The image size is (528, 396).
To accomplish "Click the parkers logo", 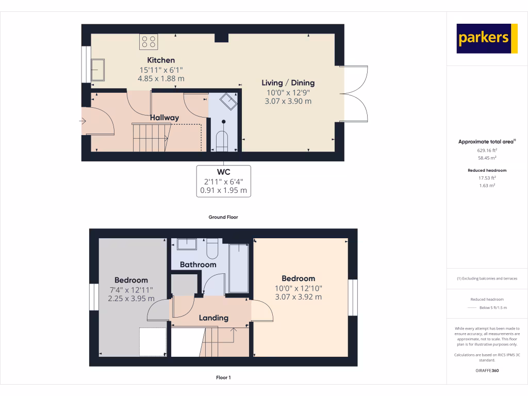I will (x=487, y=39).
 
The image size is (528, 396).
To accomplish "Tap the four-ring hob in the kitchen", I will (x=148, y=41).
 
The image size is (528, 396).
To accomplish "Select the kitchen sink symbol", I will (x=97, y=69).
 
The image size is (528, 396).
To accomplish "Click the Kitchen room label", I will (x=161, y=60).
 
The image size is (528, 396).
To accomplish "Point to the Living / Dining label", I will (x=288, y=82).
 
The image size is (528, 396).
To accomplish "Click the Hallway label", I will (x=164, y=118).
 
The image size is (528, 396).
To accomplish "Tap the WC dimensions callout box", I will (x=223, y=180).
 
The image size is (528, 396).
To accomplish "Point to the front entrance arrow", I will (x=82, y=121).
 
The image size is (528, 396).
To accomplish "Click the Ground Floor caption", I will (x=223, y=217).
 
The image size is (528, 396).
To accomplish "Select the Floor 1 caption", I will (x=223, y=378).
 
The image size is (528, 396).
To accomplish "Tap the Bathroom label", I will (x=198, y=265).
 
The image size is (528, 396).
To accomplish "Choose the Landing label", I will (x=213, y=318).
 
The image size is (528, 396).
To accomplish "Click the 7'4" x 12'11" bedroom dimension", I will (x=131, y=290).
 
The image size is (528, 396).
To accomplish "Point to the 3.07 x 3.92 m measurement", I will (x=298, y=297).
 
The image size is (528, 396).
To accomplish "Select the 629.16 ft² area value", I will (x=487, y=151).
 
